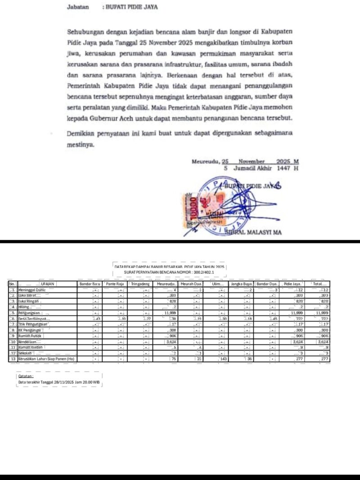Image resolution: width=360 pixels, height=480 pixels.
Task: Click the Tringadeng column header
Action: point(140,284)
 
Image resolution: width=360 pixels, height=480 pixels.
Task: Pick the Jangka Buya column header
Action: point(241,284)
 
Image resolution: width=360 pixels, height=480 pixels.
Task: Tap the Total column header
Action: point(320,284)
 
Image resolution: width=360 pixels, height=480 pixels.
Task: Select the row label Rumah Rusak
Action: point(31,336)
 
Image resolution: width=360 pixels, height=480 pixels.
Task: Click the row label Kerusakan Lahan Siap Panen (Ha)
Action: point(46,359)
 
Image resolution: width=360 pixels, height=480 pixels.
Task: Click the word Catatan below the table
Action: point(25,376)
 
